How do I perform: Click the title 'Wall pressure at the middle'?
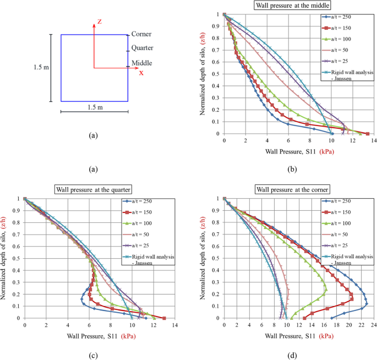tap(296, 6)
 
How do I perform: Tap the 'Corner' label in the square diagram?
tap(141, 34)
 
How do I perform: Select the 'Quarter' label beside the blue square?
tap(143, 48)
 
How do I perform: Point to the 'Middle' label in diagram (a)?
tap(142, 63)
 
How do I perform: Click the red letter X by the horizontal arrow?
tap(141, 73)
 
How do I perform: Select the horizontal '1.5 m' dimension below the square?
tap(94, 107)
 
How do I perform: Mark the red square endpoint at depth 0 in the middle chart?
tap(367, 133)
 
